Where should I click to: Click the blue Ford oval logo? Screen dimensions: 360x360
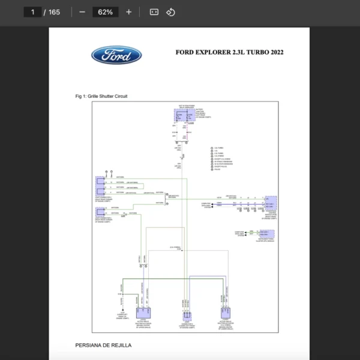point(116,56)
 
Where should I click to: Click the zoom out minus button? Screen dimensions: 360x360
point(82,12)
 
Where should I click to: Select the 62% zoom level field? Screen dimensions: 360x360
point(105,12)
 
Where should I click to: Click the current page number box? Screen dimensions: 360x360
point(32,12)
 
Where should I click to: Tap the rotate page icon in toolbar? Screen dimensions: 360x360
point(170,12)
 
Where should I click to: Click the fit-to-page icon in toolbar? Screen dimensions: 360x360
point(154,12)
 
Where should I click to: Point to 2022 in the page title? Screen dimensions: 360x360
point(277,52)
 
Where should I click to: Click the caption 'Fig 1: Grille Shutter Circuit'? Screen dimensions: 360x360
point(101,96)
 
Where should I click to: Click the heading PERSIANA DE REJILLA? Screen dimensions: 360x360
point(103,345)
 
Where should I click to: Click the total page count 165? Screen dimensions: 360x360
point(54,12)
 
